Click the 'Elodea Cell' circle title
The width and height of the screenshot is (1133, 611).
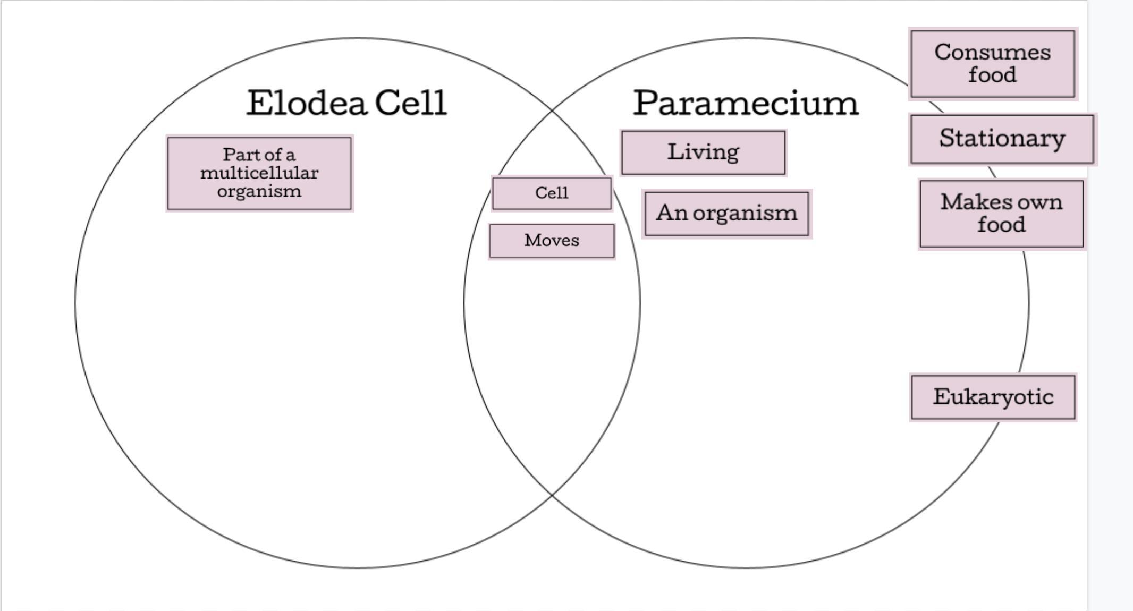(x=346, y=103)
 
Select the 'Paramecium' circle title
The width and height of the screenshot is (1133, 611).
(x=746, y=103)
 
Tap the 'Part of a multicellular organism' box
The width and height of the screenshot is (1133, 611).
(x=259, y=173)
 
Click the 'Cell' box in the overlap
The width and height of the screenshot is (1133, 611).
(x=552, y=193)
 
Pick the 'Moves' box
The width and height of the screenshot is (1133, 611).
(x=552, y=241)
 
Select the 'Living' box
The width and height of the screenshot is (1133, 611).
(x=703, y=152)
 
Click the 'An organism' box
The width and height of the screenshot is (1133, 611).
(x=726, y=214)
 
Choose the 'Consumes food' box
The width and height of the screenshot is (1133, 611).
(x=992, y=64)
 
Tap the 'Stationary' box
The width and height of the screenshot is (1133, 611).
(x=1002, y=139)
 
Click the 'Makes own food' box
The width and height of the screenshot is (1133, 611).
(x=1001, y=214)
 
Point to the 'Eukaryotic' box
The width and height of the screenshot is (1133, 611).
(x=993, y=397)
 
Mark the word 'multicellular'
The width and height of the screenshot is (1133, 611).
(x=259, y=173)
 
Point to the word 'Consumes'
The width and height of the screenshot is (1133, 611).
(x=992, y=53)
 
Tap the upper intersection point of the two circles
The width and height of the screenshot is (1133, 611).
(x=552, y=110)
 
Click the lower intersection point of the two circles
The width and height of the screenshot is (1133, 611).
(x=552, y=495)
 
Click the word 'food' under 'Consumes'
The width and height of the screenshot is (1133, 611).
(x=992, y=75)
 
